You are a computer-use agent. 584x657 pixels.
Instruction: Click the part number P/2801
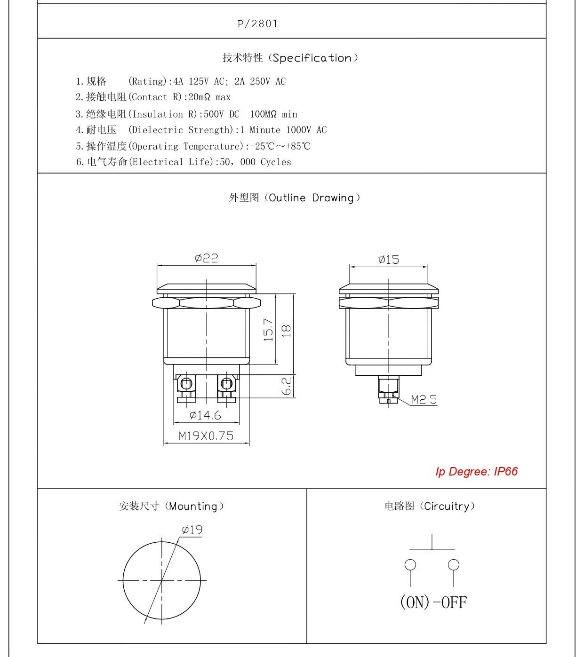257,24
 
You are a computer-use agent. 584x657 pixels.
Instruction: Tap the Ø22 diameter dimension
206,258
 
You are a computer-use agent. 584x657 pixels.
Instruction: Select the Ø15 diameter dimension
388,260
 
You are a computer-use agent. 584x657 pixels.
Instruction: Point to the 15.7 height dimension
268,330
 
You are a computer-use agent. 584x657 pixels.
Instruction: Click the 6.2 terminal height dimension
286,386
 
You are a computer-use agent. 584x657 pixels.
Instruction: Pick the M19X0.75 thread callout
206,436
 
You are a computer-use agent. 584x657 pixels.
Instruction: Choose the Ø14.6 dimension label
205,415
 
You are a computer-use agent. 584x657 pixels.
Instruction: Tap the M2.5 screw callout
424,400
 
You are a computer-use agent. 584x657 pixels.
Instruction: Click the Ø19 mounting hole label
192,530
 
